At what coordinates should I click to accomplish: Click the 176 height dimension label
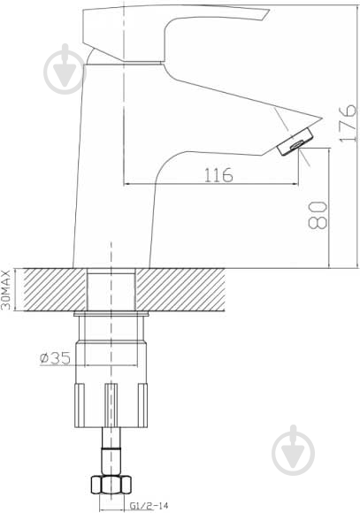click(348, 123)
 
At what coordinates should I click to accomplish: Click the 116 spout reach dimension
click(218, 175)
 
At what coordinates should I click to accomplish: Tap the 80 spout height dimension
click(318, 215)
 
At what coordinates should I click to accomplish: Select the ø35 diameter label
click(55, 358)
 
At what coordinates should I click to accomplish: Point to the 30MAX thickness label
click(7, 290)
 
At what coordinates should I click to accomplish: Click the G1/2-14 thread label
click(149, 506)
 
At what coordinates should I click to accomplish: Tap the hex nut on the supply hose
click(111, 486)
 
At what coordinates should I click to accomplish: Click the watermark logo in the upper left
click(65, 69)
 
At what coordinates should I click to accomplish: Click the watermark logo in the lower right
click(294, 450)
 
